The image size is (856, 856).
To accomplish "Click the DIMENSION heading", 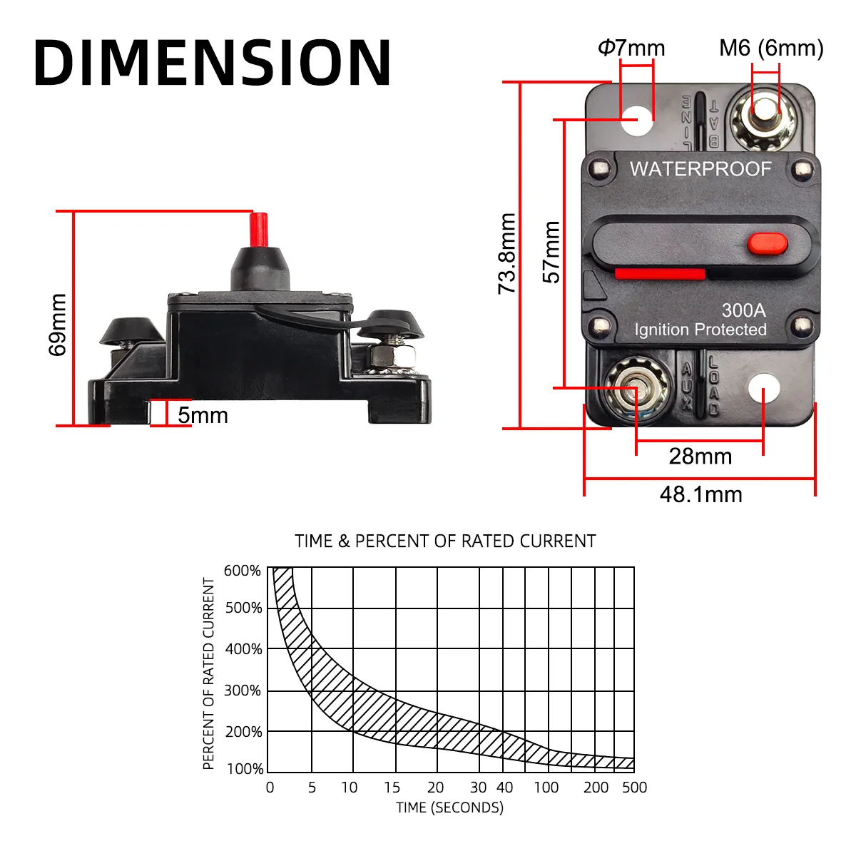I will click(x=212, y=63).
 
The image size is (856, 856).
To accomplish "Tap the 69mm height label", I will click(x=58, y=325).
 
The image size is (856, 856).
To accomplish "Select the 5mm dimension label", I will click(x=203, y=415).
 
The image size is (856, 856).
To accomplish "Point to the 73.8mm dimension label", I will click(x=507, y=253).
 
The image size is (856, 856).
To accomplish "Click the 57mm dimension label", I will click(x=551, y=253).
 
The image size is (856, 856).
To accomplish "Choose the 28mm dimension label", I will click(x=700, y=457).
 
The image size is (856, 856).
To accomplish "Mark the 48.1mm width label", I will click(x=700, y=494).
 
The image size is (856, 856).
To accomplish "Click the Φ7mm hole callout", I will click(x=631, y=48).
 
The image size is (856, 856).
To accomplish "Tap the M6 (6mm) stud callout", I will click(x=771, y=48).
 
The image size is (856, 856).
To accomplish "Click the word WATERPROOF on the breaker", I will click(x=700, y=169).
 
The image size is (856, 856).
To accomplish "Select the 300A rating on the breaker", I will click(x=743, y=310).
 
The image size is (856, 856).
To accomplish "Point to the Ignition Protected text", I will click(x=700, y=330).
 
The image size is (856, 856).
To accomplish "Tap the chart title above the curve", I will click(x=445, y=541).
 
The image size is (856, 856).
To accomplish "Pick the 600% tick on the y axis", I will click(x=243, y=571).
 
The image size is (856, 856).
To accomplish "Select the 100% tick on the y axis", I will click(x=245, y=769).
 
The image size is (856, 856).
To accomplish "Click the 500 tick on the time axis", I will click(x=634, y=788).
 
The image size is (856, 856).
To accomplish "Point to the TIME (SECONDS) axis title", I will click(x=449, y=807).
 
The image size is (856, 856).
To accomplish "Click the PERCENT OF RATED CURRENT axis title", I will click(x=208, y=673).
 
